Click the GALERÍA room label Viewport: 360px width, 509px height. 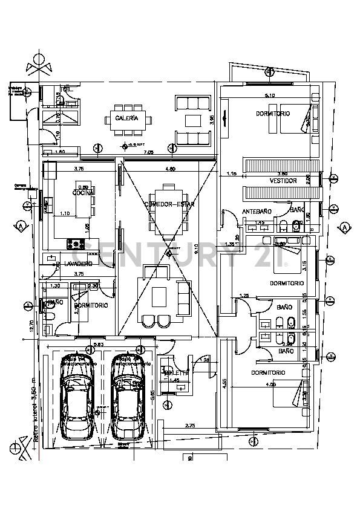127,118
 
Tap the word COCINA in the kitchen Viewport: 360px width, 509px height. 82,193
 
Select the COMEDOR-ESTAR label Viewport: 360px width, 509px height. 169,204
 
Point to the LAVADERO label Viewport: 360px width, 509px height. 78,264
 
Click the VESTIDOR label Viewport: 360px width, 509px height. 283,181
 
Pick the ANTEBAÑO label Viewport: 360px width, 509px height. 257,211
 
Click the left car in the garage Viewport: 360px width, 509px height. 78,405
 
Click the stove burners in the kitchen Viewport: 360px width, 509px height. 76,244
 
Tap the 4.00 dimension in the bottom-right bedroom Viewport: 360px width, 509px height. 270,384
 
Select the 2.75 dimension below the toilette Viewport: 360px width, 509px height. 191,426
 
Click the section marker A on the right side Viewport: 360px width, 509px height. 344,227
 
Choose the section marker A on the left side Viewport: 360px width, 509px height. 21,225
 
